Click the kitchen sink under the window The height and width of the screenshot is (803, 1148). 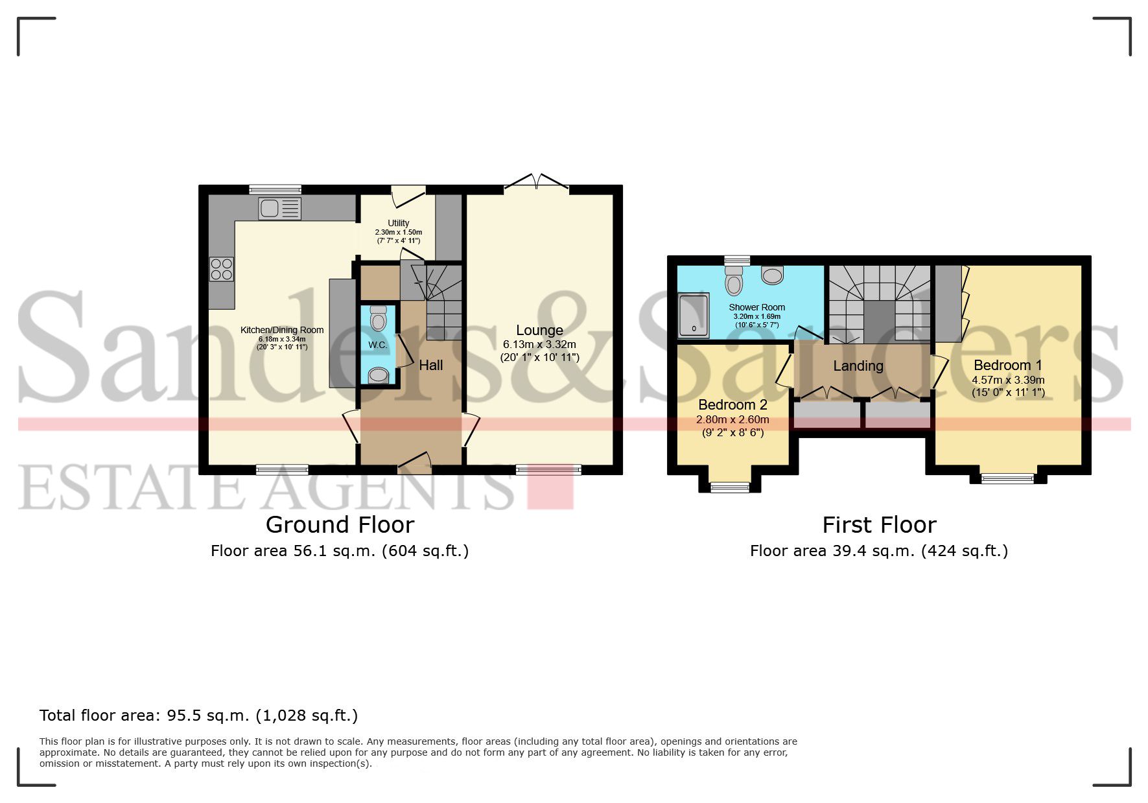pos(279,208)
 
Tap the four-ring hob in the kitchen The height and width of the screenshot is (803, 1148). pos(221,269)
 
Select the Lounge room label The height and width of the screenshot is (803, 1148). pos(539,331)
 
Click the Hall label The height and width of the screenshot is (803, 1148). pos(431,366)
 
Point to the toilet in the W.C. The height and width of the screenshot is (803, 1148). pos(378,319)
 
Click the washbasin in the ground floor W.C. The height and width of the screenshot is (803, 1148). pos(378,375)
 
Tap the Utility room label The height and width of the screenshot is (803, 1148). pos(399,223)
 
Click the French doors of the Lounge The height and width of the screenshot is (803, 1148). pos(537,182)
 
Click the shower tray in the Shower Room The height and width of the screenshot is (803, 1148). pos(694,316)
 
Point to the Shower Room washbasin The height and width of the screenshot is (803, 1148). pos(773,275)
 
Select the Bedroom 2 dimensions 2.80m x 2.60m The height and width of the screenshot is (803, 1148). pos(732,420)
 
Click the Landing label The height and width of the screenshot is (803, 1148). pos(858,366)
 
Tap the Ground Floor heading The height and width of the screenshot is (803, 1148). pos(340,524)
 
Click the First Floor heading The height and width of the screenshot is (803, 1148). pos(880,524)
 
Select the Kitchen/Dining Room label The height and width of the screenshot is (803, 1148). pos(282,330)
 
